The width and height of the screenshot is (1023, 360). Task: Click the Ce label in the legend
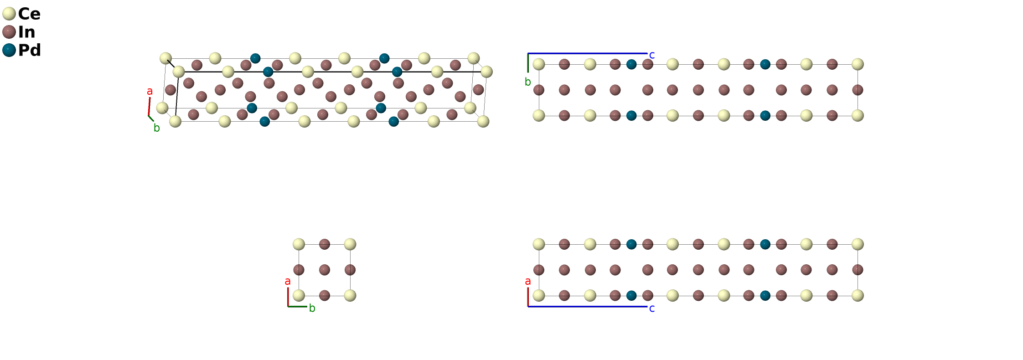pos(29,14)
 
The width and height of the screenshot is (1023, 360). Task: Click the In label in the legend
pos(26,32)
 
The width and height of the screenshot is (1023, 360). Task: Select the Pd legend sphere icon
pos(9,50)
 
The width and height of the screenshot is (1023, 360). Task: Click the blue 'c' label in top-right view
pos(652,55)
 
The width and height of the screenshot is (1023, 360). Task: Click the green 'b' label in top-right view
pos(528,82)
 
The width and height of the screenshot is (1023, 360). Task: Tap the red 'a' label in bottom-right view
pos(528,281)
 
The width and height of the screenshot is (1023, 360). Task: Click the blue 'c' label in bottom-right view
pos(652,309)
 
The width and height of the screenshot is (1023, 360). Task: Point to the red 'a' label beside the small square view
pos(288,281)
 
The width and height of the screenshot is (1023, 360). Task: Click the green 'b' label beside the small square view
pos(312,309)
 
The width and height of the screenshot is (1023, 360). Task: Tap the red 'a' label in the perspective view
pos(150,92)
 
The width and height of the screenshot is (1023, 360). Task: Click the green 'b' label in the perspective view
pos(157,128)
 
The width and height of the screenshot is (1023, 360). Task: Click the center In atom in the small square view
pos(325,270)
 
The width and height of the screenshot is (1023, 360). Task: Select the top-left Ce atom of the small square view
pos(299,244)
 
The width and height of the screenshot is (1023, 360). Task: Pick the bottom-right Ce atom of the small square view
pos(350,295)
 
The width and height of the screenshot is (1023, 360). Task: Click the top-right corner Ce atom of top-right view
pos(858,64)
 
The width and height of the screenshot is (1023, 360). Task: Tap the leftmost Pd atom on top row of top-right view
pos(631,64)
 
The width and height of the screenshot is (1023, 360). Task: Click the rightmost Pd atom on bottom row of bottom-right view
pos(765,295)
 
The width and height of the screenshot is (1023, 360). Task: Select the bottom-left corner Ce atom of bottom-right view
pos(539,295)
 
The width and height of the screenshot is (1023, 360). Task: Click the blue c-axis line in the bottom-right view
pos(588,306)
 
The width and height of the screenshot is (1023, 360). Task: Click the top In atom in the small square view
pos(325,244)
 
